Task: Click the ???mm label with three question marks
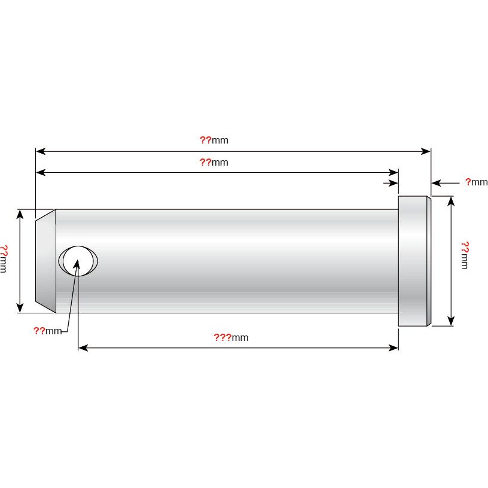click(231, 338)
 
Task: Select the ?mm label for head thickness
click(476, 182)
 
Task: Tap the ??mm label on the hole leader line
click(48, 331)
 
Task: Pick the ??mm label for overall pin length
click(213, 141)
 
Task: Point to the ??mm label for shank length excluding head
click(213, 162)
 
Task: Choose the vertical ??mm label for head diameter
click(465, 255)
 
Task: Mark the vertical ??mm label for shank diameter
click(4, 259)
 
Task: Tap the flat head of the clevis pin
click(414, 261)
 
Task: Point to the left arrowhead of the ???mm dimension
click(83, 347)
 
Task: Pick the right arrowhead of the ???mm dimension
click(394, 347)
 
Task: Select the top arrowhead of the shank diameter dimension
click(21, 214)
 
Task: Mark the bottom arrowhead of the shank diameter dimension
click(21, 308)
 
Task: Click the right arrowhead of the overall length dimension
click(426, 151)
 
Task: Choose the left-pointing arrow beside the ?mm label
click(436, 182)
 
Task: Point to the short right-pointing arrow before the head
click(394, 182)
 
